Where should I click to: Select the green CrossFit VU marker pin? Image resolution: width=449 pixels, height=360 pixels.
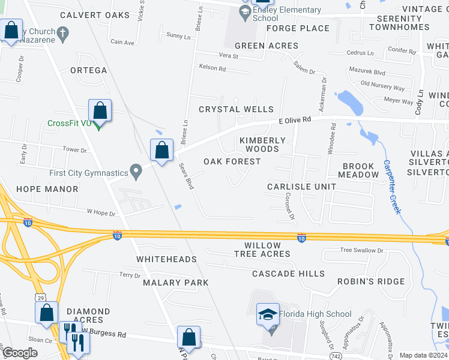99,124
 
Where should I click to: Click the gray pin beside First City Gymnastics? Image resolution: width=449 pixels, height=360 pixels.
137,173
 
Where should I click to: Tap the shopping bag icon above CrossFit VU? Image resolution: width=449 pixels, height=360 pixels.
100,111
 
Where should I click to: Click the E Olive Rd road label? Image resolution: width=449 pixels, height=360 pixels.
295,120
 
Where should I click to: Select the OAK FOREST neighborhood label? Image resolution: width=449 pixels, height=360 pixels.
232,161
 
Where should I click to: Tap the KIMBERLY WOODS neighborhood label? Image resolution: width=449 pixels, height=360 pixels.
263,145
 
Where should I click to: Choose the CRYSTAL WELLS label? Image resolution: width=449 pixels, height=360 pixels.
236,109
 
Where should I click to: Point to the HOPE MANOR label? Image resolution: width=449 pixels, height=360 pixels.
47,189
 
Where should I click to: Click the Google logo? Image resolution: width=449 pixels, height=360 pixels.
20,353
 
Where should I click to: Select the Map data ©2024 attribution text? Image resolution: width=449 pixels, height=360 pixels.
423,355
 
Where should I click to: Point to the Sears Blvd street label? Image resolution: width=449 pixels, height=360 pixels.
187,176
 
